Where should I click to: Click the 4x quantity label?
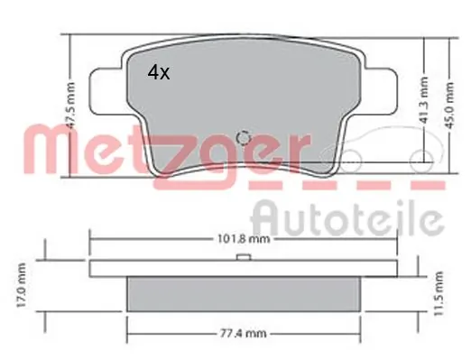point(159,74)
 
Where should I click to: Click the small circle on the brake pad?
point(241,138)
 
